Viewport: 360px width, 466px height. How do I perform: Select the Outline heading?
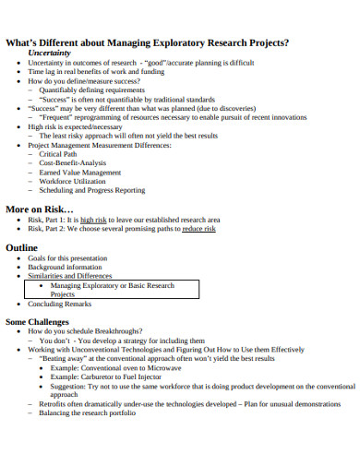point(22,248)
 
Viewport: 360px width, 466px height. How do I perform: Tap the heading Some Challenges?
point(38,322)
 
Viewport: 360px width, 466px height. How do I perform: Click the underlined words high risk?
point(94,220)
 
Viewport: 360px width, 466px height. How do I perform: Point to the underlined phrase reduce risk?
point(198,229)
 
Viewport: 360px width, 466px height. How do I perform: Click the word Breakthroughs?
point(120,331)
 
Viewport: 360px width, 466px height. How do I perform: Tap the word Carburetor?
point(98,376)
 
